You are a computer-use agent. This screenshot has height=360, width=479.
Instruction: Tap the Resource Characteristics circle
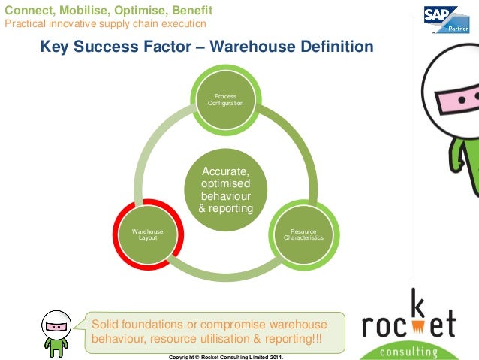pyautogui.click(x=303, y=234)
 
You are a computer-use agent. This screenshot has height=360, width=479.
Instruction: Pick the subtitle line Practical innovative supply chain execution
pyautogui.click(x=105, y=24)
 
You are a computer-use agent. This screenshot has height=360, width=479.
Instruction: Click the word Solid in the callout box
pyautogui.click(x=105, y=324)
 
